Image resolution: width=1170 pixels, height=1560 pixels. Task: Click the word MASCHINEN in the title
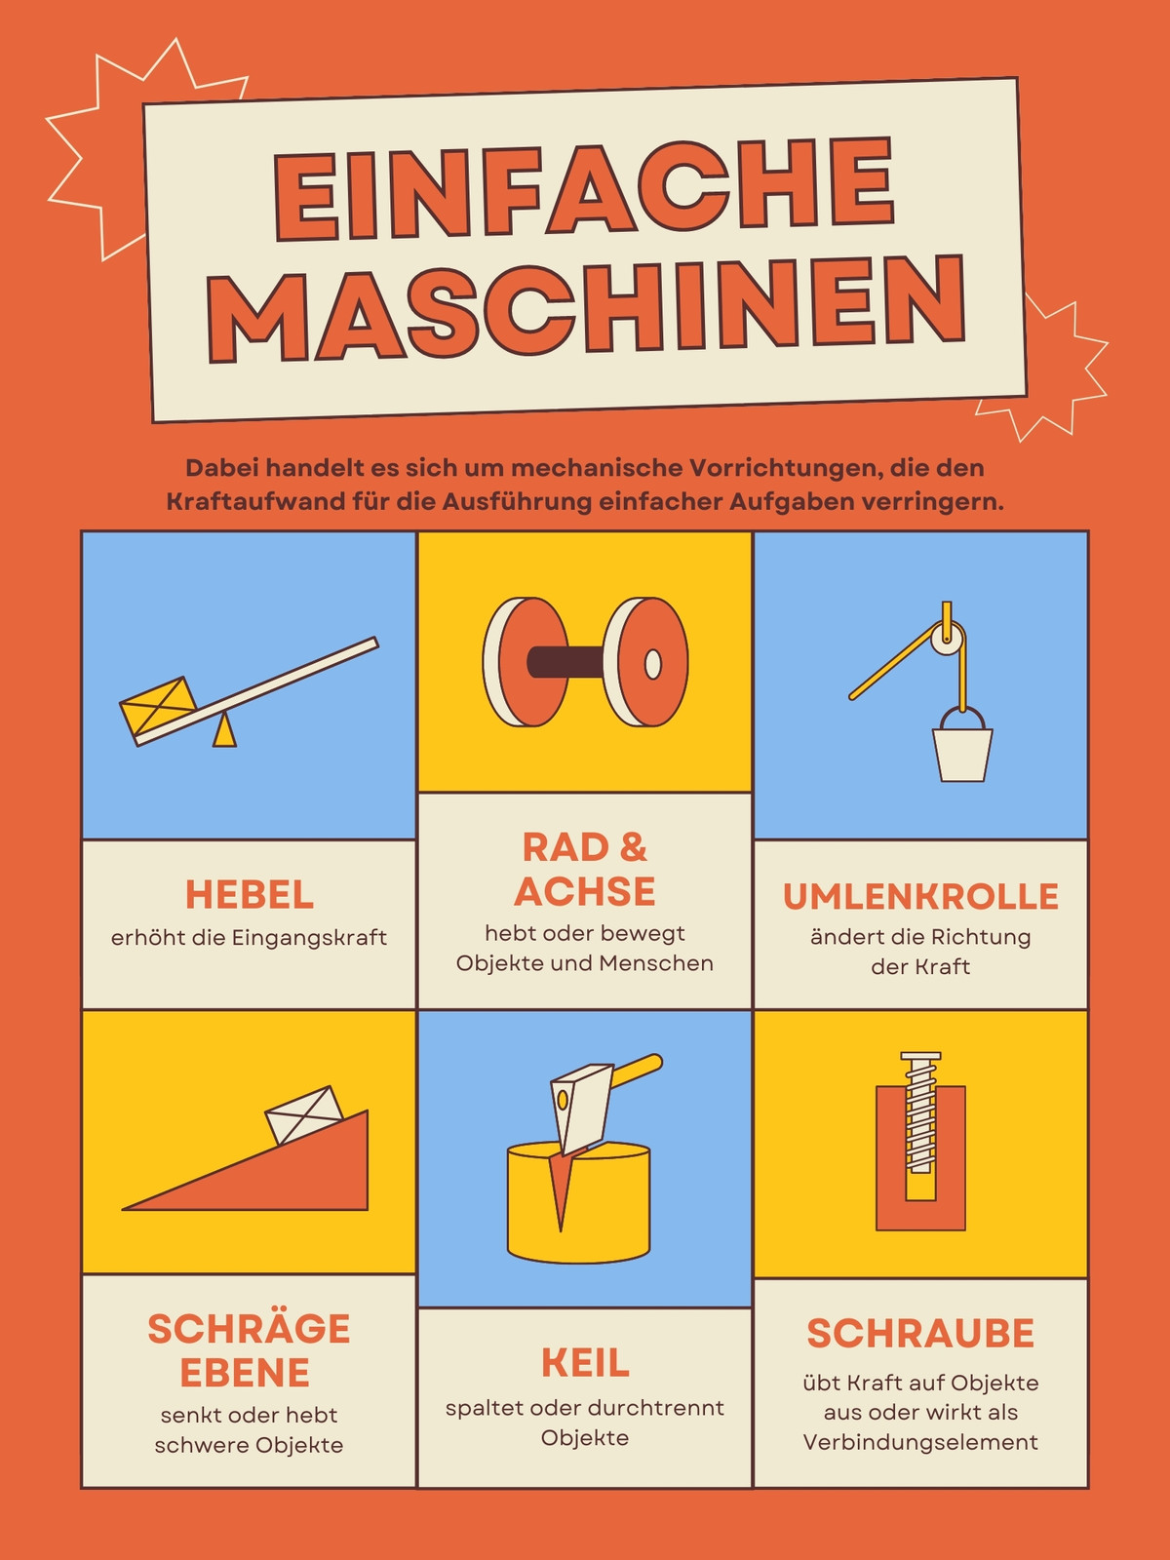click(586, 308)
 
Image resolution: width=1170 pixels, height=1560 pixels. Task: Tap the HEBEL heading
click(250, 895)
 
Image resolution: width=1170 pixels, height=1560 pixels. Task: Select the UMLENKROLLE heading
click(920, 896)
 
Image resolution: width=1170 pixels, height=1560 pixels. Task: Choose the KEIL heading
click(585, 1362)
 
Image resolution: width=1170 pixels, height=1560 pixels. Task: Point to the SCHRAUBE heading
click(920, 1333)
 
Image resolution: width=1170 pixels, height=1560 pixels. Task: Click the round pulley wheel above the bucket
click(949, 638)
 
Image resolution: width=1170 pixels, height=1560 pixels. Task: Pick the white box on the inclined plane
click(304, 1115)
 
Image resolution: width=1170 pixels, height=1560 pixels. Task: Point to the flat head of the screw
click(920, 1056)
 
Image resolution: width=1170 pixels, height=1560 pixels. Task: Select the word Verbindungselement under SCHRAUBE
click(920, 1442)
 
